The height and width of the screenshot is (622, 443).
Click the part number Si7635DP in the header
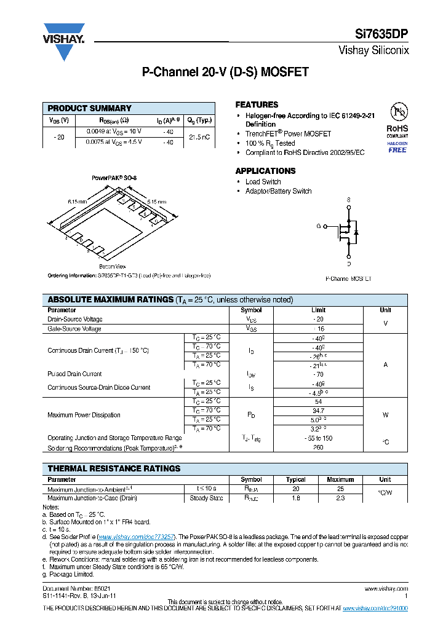[x=384, y=35]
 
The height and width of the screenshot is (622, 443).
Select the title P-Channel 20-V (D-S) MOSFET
[x=225, y=73]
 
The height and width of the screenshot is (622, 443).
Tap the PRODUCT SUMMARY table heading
[x=90, y=108]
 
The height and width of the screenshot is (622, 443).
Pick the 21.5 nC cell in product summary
[x=200, y=136]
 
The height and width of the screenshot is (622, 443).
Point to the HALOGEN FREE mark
[x=397, y=147]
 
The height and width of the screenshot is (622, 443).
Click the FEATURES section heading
[x=257, y=105]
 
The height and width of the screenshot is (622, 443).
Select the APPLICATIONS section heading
[x=265, y=171]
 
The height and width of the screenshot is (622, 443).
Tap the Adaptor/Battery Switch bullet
[x=278, y=191]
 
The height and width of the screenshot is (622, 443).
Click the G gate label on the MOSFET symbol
[x=319, y=226]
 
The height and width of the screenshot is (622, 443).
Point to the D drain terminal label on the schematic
[x=349, y=264]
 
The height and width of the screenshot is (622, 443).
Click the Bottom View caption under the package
[x=113, y=266]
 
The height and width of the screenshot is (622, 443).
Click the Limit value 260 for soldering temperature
[x=318, y=448]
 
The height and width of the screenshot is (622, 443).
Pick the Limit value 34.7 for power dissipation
[x=318, y=410]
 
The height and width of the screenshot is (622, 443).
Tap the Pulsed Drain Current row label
[x=74, y=374]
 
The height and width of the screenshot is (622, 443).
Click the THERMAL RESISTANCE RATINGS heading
[x=114, y=468]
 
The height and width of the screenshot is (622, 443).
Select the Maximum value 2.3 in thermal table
[x=340, y=498]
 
